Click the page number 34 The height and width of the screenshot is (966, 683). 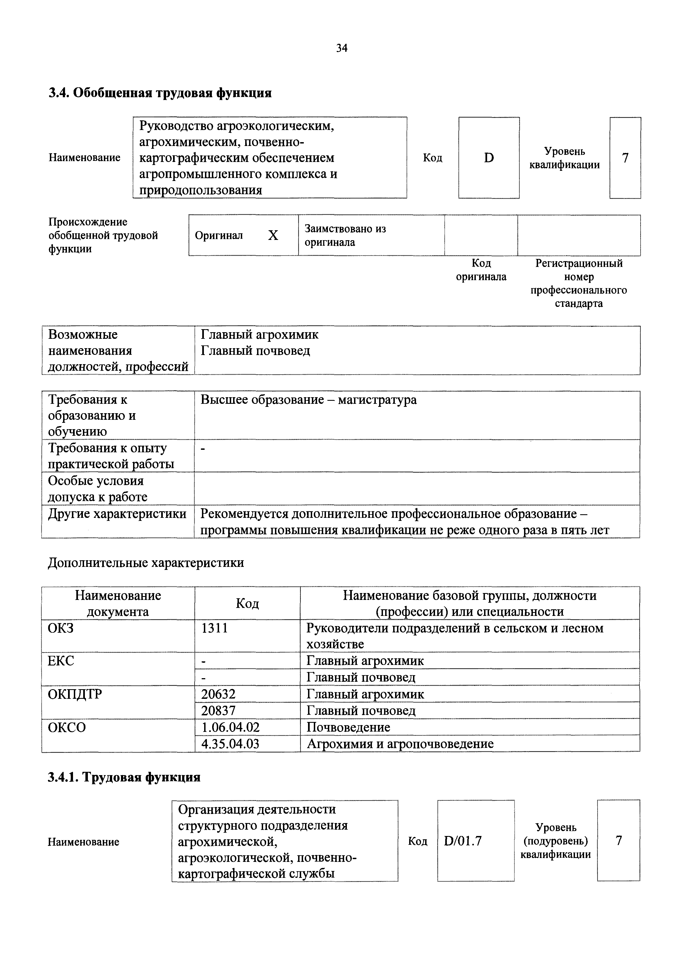pos(342,48)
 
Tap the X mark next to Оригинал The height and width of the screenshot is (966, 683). pos(273,235)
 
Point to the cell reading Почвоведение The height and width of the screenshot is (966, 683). pos(348,727)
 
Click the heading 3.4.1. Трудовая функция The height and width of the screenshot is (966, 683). pos(124,777)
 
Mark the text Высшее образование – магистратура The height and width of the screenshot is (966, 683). pos(309,400)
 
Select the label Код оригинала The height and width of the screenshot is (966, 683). pos(481,270)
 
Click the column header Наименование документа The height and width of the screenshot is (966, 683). pos(118,603)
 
